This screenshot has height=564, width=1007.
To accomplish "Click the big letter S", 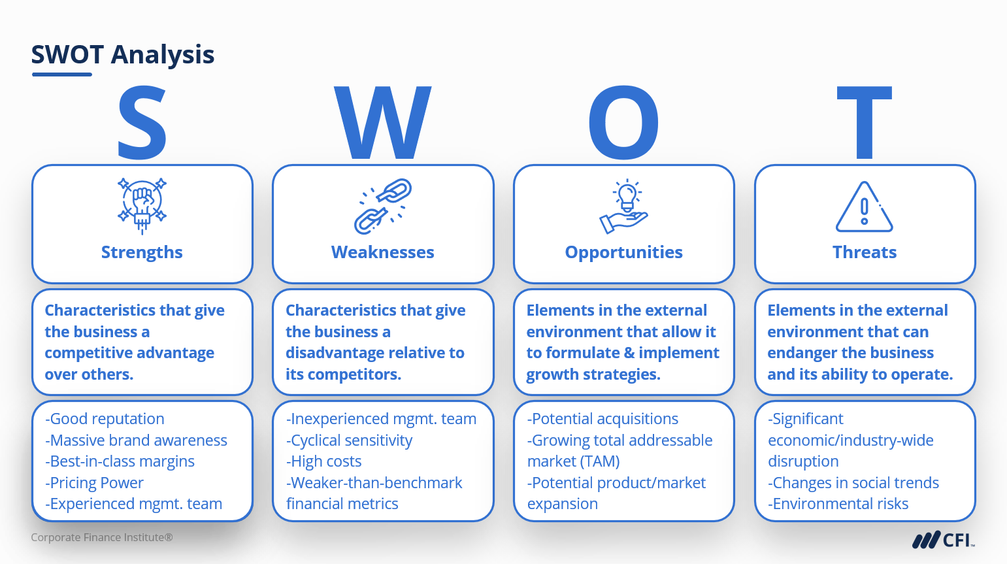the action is [x=142, y=123].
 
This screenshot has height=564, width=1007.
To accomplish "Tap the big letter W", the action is [x=382, y=122].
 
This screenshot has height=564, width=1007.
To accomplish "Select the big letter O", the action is [x=623, y=122].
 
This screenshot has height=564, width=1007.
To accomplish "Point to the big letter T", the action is [x=864, y=122].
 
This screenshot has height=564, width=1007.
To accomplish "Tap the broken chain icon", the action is [x=382, y=207].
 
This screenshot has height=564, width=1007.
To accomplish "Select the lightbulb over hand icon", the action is [x=623, y=207].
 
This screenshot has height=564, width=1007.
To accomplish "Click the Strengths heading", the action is [x=142, y=252].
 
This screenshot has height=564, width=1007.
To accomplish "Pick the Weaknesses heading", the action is [x=382, y=252].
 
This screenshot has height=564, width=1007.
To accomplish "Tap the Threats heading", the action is [x=865, y=252].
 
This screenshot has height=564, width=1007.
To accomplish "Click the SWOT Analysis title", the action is [x=123, y=54].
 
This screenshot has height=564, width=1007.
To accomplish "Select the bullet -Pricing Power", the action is [x=94, y=482].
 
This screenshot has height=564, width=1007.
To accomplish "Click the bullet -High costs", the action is [x=323, y=461].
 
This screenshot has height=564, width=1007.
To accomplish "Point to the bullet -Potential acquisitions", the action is [x=603, y=419].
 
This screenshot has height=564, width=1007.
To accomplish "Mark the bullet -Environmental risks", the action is [x=838, y=504].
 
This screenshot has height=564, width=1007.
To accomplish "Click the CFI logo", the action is [x=943, y=540].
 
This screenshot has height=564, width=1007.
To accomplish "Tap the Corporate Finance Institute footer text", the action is [x=102, y=537].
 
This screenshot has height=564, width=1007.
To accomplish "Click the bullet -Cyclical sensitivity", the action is [x=350, y=440].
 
